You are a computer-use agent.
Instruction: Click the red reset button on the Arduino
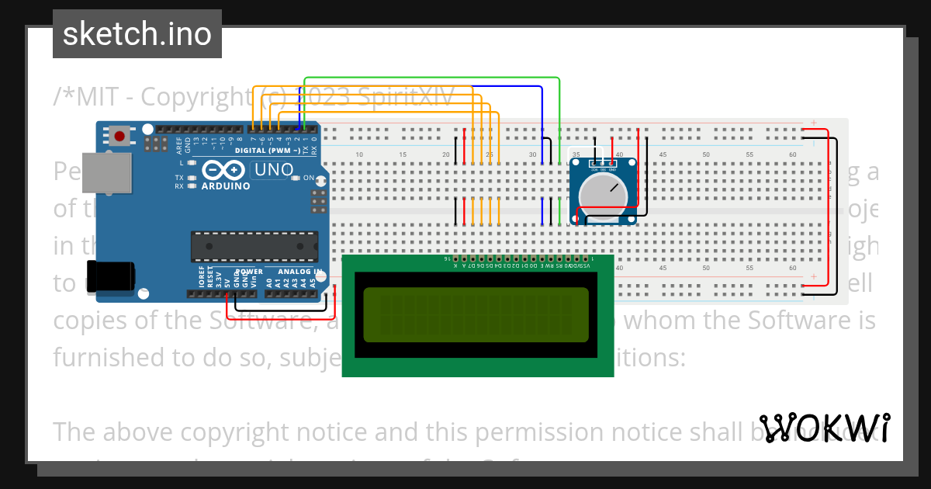click(119, 136)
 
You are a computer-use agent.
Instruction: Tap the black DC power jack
click(110, 277)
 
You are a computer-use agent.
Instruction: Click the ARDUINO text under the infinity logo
click(226, 186)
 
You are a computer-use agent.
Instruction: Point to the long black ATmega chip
click(254, 246)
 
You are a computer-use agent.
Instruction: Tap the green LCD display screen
click(476, 314)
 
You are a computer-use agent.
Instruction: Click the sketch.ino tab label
click(137, 34)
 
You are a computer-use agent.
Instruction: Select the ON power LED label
click(309, 179)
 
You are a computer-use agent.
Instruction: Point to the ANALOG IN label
click(300, 272)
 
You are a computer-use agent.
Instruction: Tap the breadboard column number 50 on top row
click(706, 155)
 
